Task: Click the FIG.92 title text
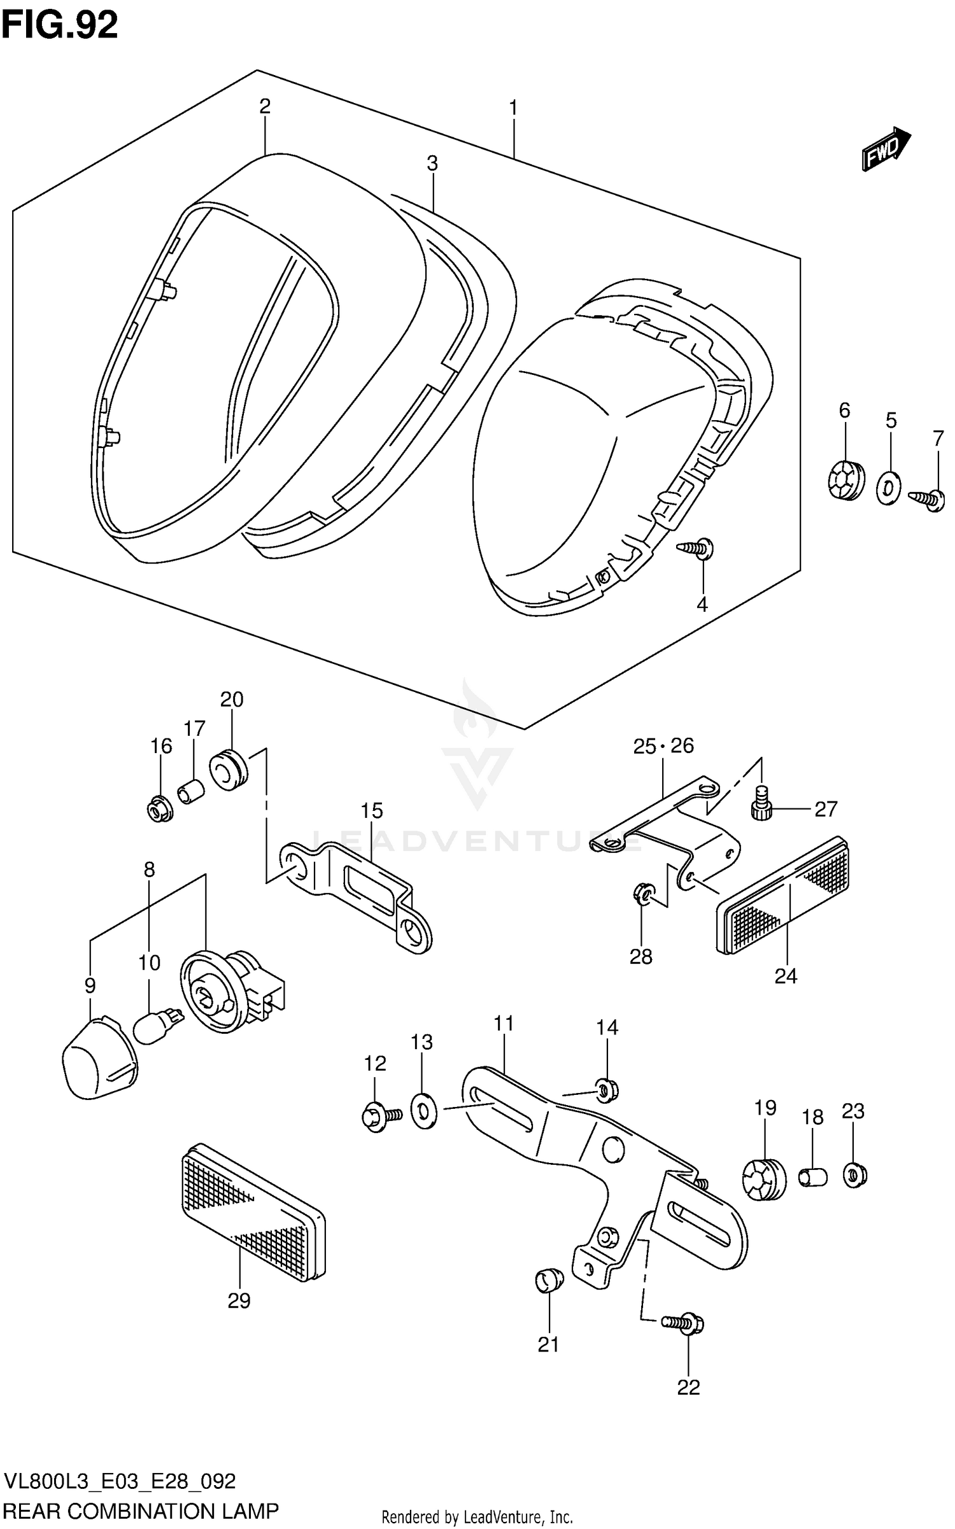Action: tap(59, 25)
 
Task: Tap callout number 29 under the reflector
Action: tap(239, 1300)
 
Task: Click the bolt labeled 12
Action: tap(379, 1116)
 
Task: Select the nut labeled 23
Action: tap(853, 1174)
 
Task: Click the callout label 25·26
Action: tap(663, 745)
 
